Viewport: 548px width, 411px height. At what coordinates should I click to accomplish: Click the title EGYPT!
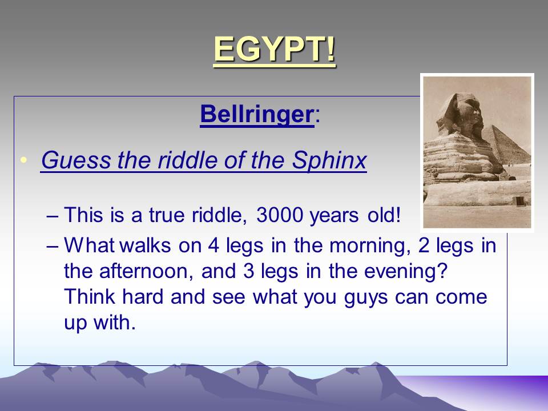coord(275,50)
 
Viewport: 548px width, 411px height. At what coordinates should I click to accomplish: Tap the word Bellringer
coord(257,114)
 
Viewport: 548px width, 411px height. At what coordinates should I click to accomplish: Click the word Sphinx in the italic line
coord(329,160)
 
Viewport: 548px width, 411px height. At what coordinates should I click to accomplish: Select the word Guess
coord(76,160)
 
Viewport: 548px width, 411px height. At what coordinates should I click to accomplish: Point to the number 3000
coord(280,215)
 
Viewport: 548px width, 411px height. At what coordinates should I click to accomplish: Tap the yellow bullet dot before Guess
coord(23,160)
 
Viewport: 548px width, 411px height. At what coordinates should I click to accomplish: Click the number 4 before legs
coord(213,245)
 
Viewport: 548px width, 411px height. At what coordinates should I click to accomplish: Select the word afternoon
coord(146,271)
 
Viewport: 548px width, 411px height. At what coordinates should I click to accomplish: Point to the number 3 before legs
coord(248,271)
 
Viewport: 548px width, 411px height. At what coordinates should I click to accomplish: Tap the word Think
coord(90,296)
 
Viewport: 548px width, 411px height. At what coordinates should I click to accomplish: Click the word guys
coord(365,298)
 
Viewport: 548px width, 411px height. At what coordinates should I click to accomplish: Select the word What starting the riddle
coord(89,245)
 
